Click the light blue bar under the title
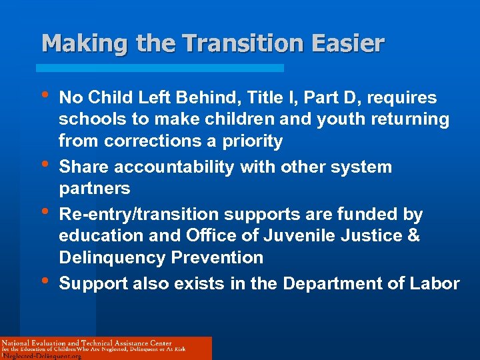159,68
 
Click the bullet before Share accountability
44,163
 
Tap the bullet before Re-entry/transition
44,210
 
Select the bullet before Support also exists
44,279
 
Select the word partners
94,188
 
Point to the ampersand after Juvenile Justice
413,236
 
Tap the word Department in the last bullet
332,283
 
